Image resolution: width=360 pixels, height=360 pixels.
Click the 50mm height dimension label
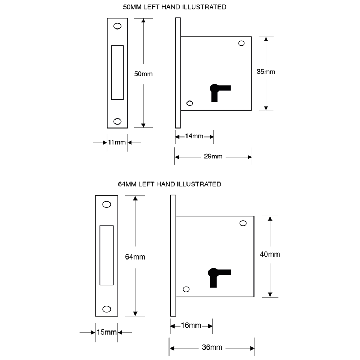[x=143, y=74]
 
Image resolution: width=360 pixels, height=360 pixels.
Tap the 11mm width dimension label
[x=117, y=142]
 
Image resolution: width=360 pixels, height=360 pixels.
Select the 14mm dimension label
[x=194, y=136]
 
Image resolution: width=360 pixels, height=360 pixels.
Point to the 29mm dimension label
[x=213, y=156]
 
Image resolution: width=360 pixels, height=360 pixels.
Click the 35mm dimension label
[x=266, y=72]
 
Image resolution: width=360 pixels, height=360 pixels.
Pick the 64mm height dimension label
[x=135, y=257]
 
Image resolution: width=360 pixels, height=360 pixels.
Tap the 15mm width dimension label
[x=107, y=332]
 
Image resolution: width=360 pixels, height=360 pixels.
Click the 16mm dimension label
[x=191, y=325]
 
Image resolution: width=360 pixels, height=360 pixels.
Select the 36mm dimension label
[x=212, y=347]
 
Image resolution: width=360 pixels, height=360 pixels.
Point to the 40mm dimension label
[x=270, y=255]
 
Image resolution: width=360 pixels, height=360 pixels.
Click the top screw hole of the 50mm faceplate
[x=117, y=26]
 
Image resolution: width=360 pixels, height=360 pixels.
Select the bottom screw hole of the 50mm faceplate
[x=117, y=121]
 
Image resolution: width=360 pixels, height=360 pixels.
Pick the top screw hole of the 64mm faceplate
[x=107, y=204]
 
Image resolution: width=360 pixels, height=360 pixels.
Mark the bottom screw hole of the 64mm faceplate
[x=107, y=309]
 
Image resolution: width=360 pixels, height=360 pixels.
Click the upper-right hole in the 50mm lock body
[x=241, y=43]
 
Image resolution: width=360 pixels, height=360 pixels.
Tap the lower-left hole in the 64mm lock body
[x=186, y=289]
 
